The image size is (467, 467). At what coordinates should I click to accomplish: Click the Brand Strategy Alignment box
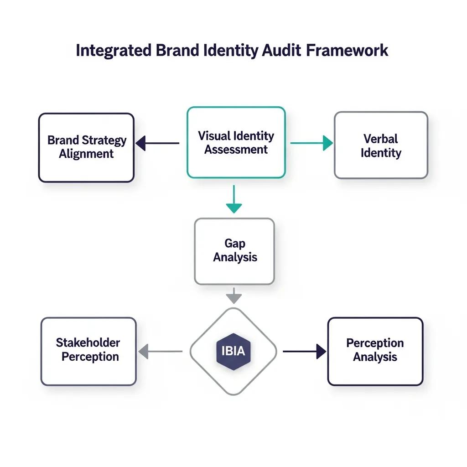tap(86, 147)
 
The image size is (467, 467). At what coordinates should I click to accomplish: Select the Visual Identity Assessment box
tap(236, 142)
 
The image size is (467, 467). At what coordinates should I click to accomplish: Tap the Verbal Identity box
tap(381, 145)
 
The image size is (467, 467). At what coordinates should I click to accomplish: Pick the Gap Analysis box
tap(234, 251)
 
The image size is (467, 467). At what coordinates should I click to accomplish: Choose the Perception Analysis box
tap(375, 351)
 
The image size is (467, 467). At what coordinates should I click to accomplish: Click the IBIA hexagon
tap(233, 351)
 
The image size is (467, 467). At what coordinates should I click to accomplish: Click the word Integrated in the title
tap(113, 50)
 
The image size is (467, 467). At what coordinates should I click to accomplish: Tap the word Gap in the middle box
tap(235, 243)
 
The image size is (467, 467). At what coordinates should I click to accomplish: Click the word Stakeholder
tap(88, 342)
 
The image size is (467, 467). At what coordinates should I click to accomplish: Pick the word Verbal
tap(381, 138)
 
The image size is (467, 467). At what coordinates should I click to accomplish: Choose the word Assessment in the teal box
tap(236, 150)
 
